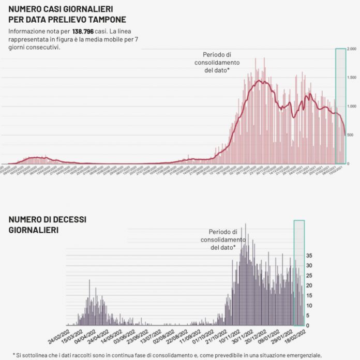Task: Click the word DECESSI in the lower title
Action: tap(65, 219)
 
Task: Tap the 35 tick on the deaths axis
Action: tap(309, 256)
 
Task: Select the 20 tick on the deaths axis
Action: tap(309, 286)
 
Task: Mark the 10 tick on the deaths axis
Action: tap(309, 305)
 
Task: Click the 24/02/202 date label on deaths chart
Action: tap(59, 337)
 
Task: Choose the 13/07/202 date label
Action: tap(153, 337)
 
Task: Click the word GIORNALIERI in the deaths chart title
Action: tap(33, 229)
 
